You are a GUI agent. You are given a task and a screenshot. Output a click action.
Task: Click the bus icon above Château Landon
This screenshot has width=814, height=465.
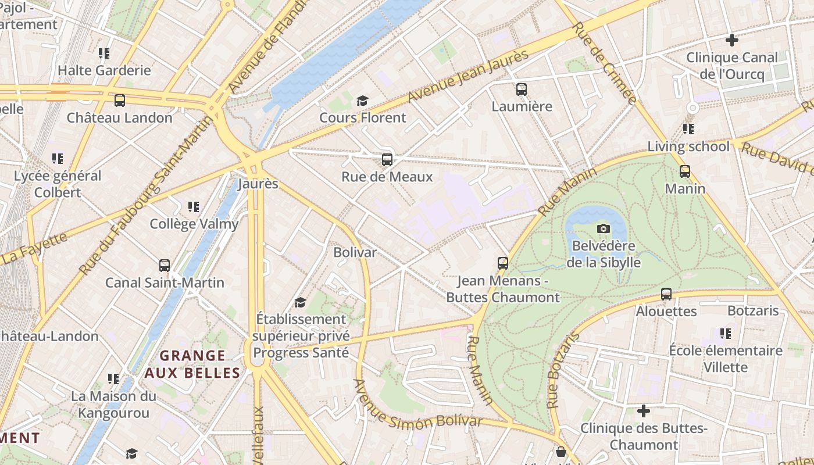click(x=120, y=100)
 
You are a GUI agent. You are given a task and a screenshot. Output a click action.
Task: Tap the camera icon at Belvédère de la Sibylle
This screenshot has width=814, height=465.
click(x=604, y=228)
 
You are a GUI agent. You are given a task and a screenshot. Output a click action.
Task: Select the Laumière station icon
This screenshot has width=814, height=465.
click(x=522, y=90)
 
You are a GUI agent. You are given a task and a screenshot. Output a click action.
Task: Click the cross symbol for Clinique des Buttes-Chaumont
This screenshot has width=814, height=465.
click(x=644, y=411)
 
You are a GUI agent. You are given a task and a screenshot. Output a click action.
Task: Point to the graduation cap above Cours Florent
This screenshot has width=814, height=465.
click(x=363, y=101)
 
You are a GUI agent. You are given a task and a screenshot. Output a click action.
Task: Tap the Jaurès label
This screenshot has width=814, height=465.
click(x=258, y=184)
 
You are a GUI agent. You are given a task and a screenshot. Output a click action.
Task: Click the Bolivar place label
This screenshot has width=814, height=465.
click(x=355, y=252)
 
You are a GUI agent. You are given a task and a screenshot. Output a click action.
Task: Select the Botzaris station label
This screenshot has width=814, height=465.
click(x=752, y=310)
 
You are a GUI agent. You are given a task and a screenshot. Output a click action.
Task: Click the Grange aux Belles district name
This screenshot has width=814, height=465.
click(x=192, y=364)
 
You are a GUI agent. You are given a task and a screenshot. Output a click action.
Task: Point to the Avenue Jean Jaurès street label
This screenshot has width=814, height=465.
click(x=468, y=76)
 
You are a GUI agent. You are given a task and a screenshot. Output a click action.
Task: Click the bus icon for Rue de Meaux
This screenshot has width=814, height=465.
click(x=387, y=159)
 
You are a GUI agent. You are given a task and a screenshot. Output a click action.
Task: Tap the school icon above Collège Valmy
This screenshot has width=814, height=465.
click(x=194, y=207)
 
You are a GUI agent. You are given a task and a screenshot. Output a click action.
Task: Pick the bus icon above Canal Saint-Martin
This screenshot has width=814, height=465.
click(x=165, y=266)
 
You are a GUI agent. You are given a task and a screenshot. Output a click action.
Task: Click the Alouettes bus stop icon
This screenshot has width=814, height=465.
click(x=666, y=294)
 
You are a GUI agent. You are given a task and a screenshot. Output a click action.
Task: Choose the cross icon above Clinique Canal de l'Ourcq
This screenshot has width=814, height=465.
click(x=732, y=40)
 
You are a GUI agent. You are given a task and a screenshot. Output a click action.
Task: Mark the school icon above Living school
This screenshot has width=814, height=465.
click(x=688, y=129)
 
